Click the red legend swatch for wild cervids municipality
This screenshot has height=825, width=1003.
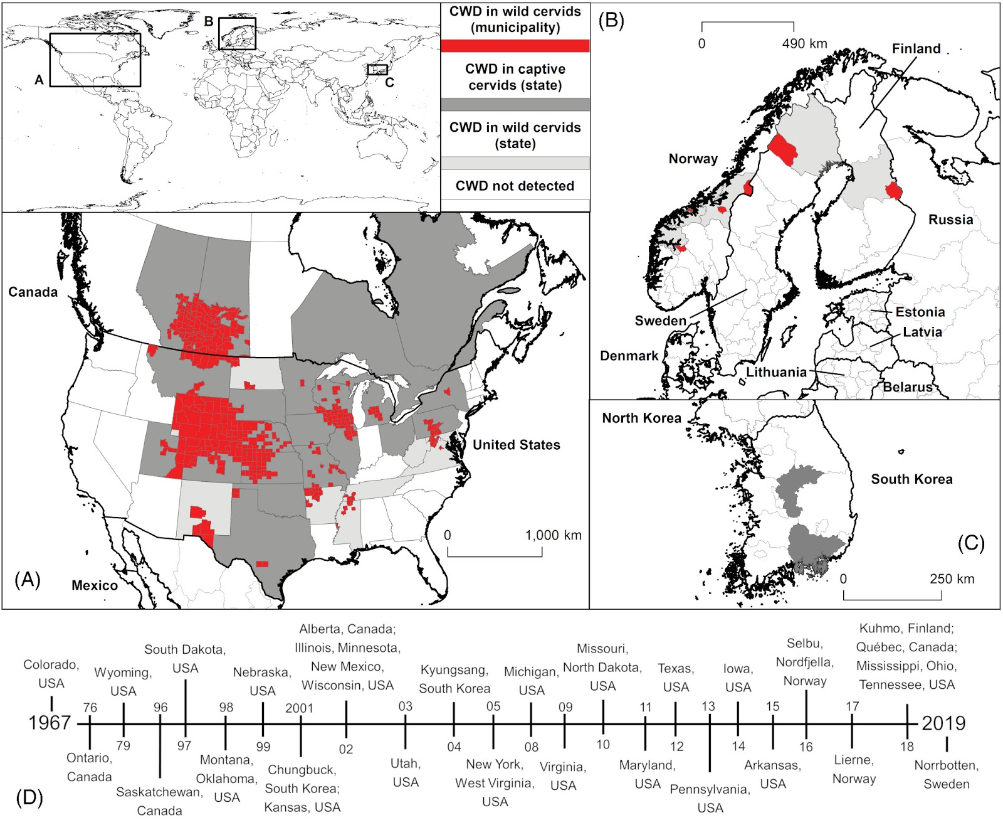click(515, 46)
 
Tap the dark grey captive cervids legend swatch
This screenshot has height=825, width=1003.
click(515, 104)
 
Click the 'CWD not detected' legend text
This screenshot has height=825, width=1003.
click(515, 186)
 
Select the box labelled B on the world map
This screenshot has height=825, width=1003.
click(237, 34)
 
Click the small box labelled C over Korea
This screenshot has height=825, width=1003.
click(377, 70)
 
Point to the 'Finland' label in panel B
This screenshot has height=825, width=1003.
click(916, 49)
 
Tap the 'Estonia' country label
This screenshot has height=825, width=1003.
click(920, 312)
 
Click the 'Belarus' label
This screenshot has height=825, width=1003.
click(907, 387)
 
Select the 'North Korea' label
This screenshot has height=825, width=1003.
click(641, 418)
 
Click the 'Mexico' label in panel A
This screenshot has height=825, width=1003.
click(95, 585)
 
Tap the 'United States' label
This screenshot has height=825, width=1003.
click(516, 445)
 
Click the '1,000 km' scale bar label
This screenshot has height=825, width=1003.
click(553, 535)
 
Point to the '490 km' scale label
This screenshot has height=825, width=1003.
click(804, 43)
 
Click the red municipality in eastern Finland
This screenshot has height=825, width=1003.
click(893, 191)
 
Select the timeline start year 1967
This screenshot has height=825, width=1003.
click(50, 723)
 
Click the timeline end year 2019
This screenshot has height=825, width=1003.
click(943, 723)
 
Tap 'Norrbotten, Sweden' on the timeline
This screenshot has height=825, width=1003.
click(946, 775)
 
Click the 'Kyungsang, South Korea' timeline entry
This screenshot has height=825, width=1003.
click(454, 679)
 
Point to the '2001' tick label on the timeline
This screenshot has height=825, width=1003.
click(299, 708)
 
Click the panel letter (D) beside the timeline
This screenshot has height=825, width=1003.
click(29, 797)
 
